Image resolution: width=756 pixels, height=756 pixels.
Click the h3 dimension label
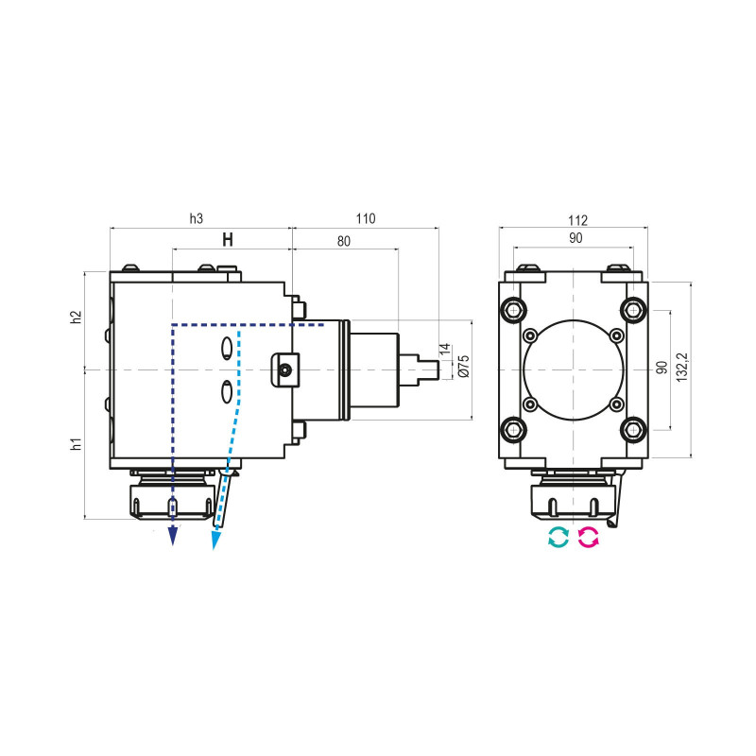click(197, 218)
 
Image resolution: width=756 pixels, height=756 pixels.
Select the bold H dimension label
click(228, 240)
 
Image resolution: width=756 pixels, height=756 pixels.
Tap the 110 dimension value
click(365, 218)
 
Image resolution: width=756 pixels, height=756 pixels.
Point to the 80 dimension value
click(343, 241)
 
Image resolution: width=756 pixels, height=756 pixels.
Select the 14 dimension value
click(445, 351)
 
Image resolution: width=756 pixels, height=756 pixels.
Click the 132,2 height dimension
click(682, 366)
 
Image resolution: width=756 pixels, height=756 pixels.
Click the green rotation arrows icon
click(558, 539)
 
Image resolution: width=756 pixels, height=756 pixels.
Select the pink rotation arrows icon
click(589, 539)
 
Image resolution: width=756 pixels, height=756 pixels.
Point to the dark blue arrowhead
click(173, 538)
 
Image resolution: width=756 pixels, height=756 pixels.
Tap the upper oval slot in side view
click(227, 348)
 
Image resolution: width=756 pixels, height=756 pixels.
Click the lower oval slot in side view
click(227, 389)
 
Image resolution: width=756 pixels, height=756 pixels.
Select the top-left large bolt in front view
click(514, 308)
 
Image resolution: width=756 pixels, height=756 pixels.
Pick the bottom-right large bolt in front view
click(632, 430)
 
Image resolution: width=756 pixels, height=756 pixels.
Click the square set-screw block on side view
click(284, 368)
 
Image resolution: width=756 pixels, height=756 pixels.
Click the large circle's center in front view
click(573, 369)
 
